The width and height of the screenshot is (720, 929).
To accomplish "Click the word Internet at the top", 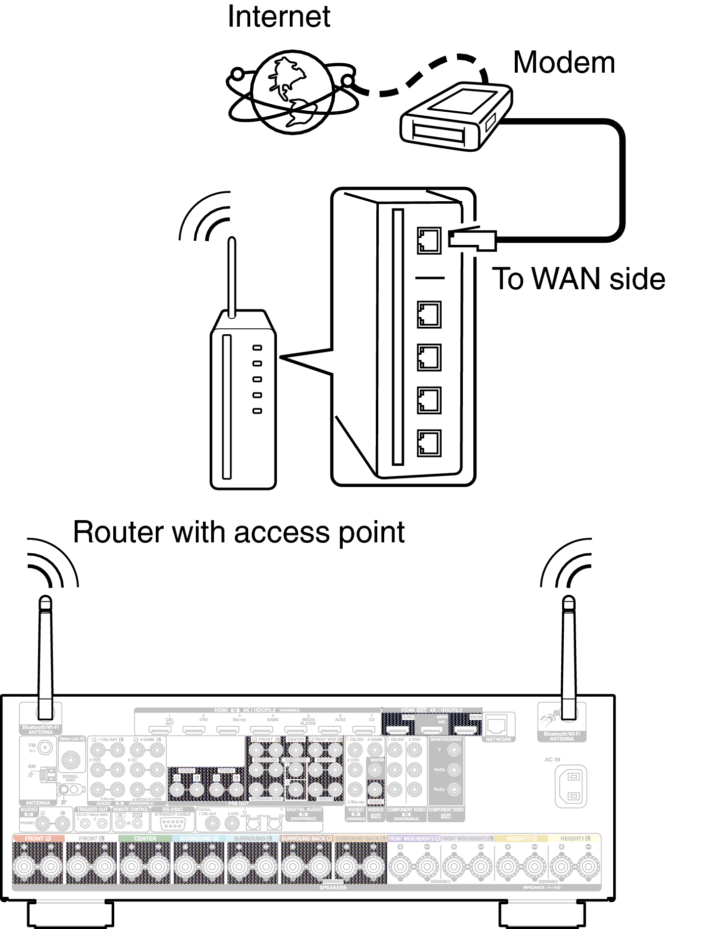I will pos(278,17).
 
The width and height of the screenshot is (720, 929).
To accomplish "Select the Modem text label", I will pos(564,63).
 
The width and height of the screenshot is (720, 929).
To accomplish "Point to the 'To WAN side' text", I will pos(578,279).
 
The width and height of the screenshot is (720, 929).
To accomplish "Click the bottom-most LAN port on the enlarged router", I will pos(429,443).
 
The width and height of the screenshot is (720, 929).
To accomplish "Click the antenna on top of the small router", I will pos(231,277).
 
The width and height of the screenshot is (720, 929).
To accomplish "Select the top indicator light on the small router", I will pos(257,348).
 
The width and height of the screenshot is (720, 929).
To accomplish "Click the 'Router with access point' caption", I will pos(238,532).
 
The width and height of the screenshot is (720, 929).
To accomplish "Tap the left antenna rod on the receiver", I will pos(45,658).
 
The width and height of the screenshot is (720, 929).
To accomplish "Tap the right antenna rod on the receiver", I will pos(569,658).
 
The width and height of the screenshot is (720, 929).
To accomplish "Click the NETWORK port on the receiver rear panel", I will pos(496,725).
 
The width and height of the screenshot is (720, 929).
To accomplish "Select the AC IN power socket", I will pos(571,786).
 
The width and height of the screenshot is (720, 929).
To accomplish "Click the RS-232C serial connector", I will pos(172,824).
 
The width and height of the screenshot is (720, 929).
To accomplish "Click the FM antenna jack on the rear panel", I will pos(45,748).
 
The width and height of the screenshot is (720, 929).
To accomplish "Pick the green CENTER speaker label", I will pos(145,839).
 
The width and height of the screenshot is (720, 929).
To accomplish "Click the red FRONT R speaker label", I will pos(38,839).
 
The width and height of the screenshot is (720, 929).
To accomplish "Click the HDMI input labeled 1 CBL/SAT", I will pos(160,729).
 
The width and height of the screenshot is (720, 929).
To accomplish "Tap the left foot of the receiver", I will pos(70,914).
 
